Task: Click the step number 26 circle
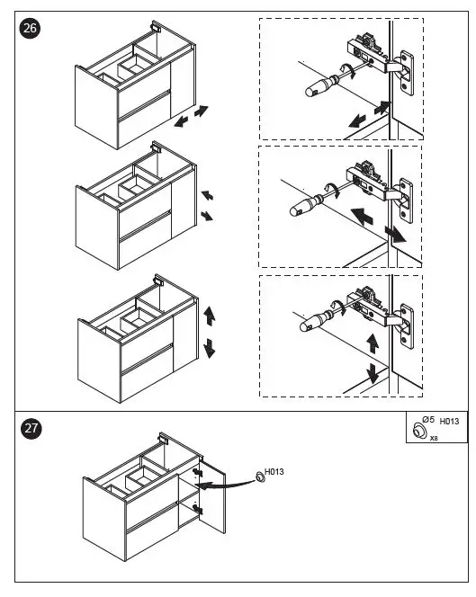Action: click(30, 28)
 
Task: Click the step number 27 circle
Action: click(31, 428)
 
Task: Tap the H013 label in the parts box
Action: click(449, 421)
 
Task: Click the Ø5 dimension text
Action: click(428, 420)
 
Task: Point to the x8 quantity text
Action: click(434, 438)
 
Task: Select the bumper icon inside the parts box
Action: click(419, 431)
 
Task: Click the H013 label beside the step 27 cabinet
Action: click(274, 471)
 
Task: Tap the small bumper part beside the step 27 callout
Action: click(260, 477)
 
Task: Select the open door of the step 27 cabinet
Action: click(212, 497)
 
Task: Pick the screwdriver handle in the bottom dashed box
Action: click(316, 321)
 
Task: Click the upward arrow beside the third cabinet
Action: click(210, 316)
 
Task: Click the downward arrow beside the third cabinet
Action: click(210, 348)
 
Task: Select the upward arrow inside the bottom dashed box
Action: click(373, 343)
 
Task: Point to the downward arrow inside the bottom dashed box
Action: click(373, 373)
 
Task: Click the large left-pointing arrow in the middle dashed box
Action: click(362, 217)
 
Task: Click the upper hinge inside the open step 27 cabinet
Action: click(197, 473)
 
